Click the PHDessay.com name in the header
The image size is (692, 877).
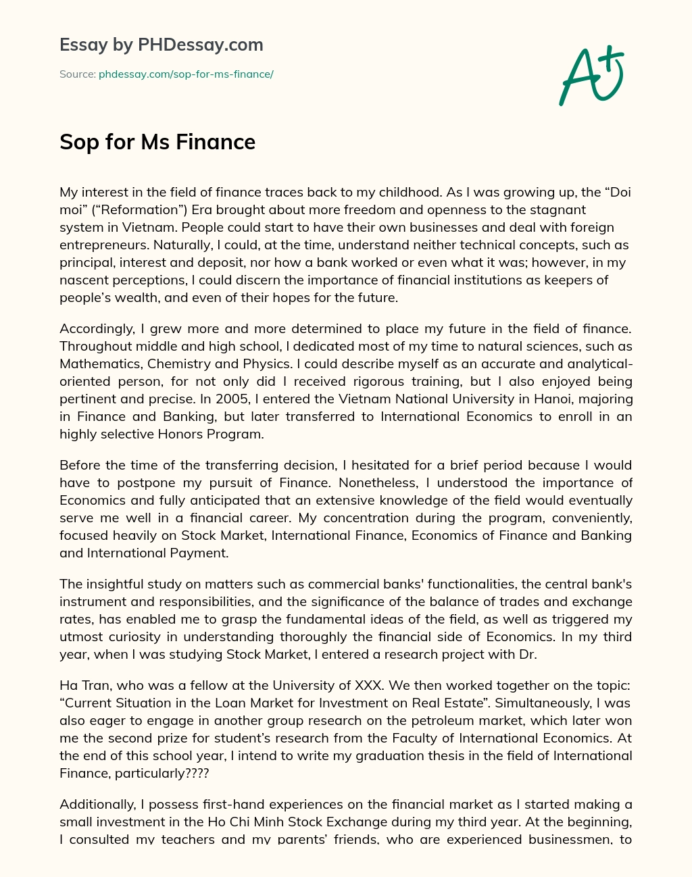point(201,45)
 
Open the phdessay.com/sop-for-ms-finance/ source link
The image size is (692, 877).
point(186,74)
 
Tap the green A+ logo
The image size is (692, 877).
point(591,75)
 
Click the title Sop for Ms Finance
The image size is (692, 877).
point(157,142)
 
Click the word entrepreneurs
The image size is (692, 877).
point(101,245)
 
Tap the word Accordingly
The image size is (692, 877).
point(97,329)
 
